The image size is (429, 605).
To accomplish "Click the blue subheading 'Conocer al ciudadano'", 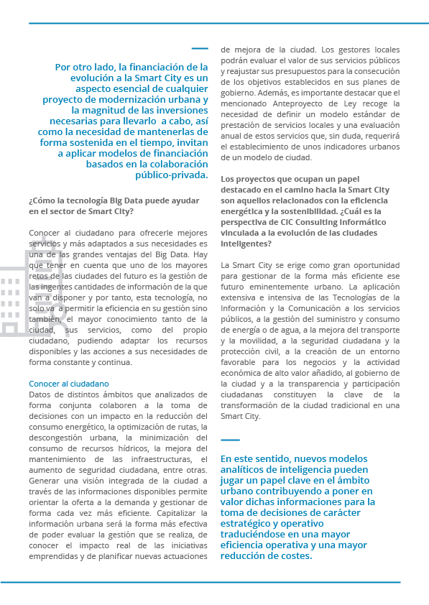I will [69, 384].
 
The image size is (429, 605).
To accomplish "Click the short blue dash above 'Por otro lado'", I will [200, 49].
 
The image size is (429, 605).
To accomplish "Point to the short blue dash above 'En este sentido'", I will [230, 440].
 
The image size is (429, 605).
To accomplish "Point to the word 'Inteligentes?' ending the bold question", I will [246, 244].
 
